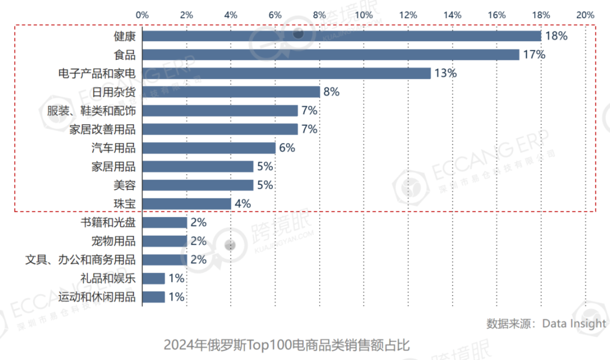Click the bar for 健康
click(x=341, y=36)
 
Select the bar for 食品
click(x=330, y=55)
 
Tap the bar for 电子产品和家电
click(x=286, y=73)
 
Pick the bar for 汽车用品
click(x=208, y=148)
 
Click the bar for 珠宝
click(x=186, y=203)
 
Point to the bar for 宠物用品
click(x=164, y=241)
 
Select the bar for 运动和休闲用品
click(x=153, y=297)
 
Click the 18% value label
click(x=556, y=36)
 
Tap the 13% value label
click(x=445, y=73)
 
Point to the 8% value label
click(x=331, y=92)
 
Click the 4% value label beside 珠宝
click(x=242, y=203)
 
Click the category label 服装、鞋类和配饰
click(x=91, y=111)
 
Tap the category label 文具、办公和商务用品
click(x=81, y=260)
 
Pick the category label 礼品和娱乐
click(x=108, y=278)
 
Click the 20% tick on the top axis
click(x=585, y=15)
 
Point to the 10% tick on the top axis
click(x=364, y=15)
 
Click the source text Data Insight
click(x=574, y=324)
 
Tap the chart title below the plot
click(x=286, y=345)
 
